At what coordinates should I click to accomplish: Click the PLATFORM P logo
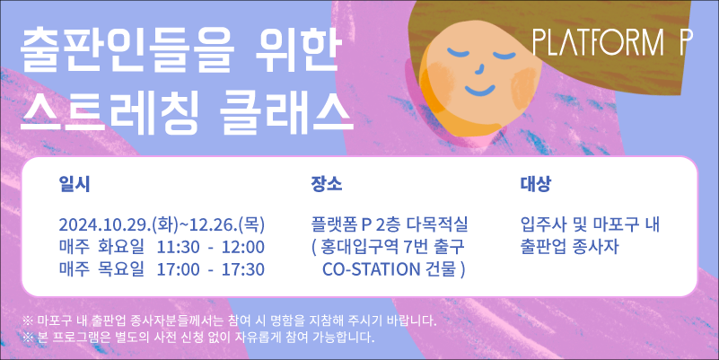click(x=612, y=43)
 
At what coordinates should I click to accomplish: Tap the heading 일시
click(x=75, y=184)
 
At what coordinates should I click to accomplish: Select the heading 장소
click(x=327, y=184)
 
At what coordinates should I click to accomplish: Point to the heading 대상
click(x=536, y=184)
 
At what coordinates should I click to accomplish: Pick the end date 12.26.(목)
click(x=224, y=224)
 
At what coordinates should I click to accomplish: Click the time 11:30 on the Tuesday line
click(x=179, y=247)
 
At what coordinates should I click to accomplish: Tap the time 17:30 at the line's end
click(x=243, y=269)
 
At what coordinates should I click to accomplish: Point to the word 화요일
click(x=120, y=247)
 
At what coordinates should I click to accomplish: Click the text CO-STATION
click(x=372, y=269)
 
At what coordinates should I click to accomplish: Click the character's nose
click(x=479, y=68)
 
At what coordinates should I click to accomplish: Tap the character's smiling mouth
click(x=480, y=90)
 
